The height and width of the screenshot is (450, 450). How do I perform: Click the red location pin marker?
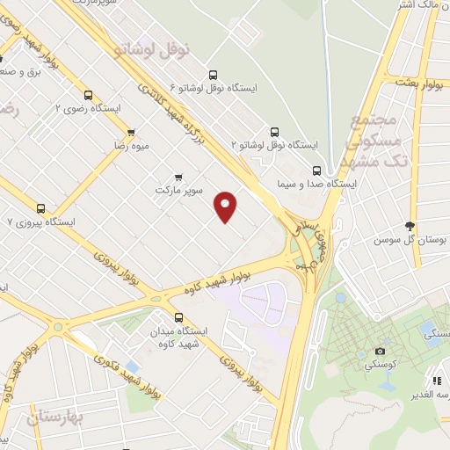coord(226,206)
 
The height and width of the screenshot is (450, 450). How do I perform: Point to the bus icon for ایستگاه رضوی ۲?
coord(87,95)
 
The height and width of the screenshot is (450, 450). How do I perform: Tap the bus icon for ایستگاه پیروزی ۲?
coord(40,208)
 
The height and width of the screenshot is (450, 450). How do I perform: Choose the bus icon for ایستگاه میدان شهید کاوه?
coord(179,316)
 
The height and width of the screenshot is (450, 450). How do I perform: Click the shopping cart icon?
coord(179,176)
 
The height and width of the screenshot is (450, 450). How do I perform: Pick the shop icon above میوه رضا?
coord(131,131)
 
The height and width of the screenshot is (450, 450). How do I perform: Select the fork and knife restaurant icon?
coord(436,381)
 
